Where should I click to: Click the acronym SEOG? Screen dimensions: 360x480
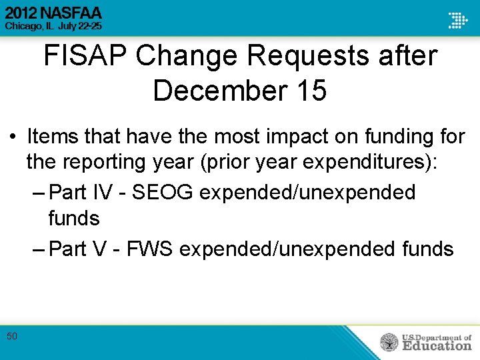coord(163,193)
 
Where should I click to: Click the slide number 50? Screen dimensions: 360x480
coord(12,337)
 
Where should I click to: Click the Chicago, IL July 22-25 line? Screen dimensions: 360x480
coord(53,27)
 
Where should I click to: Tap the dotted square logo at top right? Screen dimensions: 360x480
coord(457,20)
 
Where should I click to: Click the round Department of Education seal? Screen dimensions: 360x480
coord(389,342)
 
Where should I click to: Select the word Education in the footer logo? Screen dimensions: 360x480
coord(437,345)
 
